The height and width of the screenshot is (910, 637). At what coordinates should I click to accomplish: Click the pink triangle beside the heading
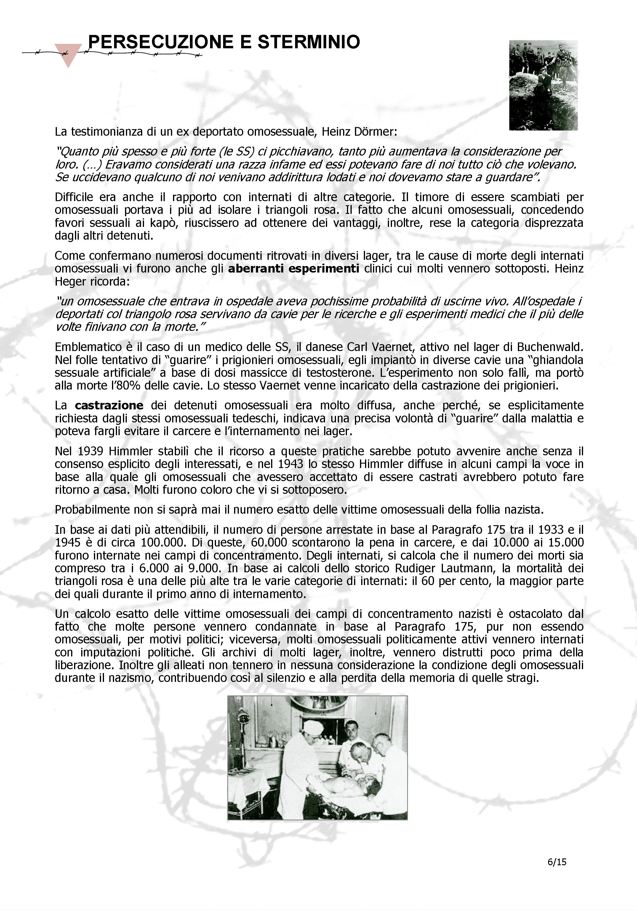pos(68,54)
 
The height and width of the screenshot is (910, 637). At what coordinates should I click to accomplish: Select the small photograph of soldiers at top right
pos(543,85)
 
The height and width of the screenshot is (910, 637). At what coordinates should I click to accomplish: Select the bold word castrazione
pos(109,406)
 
